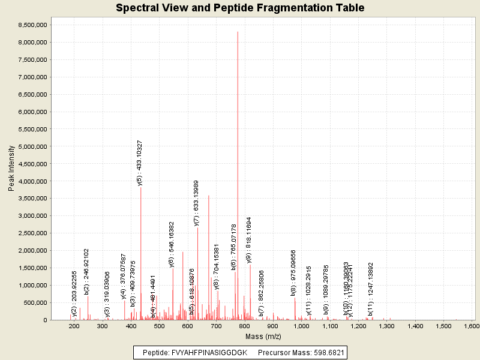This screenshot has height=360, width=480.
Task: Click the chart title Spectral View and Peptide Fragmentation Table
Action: coord(240,8)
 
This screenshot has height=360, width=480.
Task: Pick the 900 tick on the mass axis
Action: coord(273,326)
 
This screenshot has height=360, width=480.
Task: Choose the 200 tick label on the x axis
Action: coord(74,326)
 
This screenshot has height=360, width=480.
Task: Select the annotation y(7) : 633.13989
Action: coord(196,203)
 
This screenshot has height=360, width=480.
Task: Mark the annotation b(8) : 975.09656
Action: coord(293,273)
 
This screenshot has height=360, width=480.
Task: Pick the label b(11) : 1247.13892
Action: coord(371,289)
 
